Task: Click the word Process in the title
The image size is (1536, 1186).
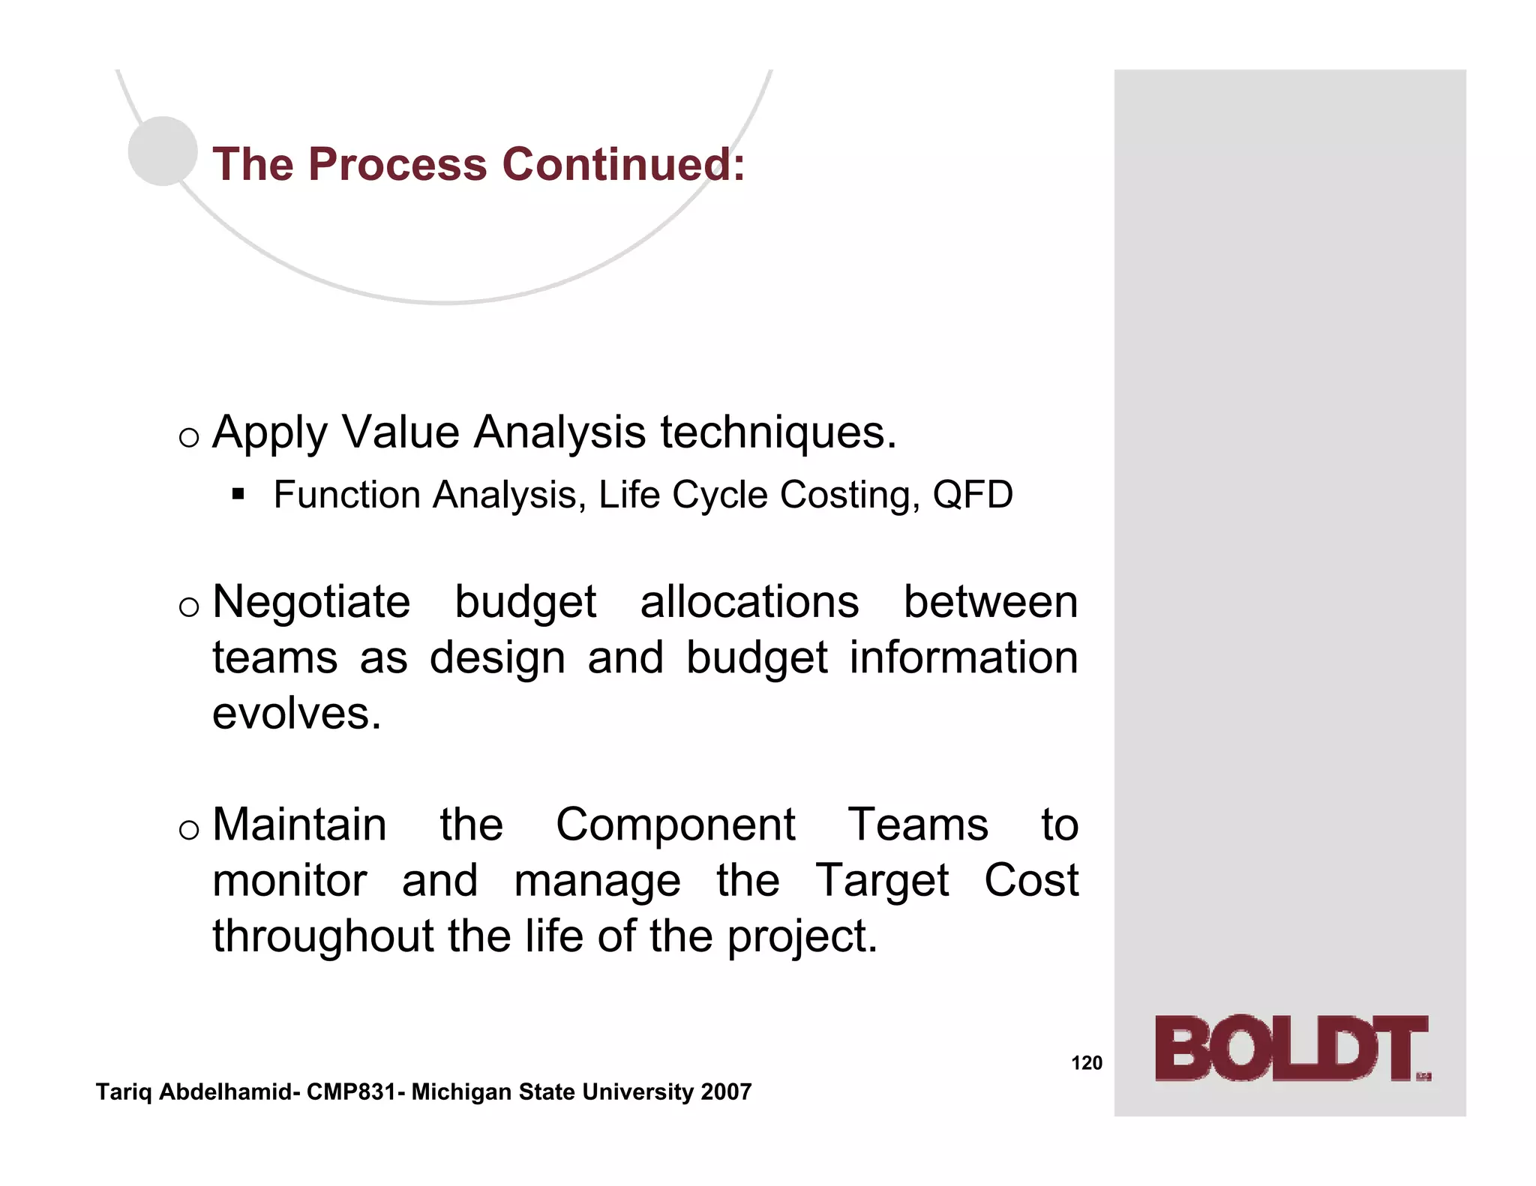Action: coord(397,164)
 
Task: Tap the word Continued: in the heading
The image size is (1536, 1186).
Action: coord(623,164)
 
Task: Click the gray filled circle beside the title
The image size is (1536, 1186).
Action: coord(163,151)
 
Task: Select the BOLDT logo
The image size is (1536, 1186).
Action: coord(1291,1049)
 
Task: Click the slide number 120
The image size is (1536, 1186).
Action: coord(1086,1063)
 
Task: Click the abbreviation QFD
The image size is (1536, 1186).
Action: coord(972,495)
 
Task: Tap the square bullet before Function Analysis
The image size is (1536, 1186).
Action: coord(238,494)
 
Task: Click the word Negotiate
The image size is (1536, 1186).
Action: coord(311,602)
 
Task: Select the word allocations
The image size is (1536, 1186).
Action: coord(749,602)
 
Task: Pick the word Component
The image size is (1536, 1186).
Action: coord(675,825)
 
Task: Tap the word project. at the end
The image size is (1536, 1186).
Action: coord(802,936)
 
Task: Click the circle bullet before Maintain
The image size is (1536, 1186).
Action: coord(189,829)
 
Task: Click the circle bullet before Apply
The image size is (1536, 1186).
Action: coord(189,437)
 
